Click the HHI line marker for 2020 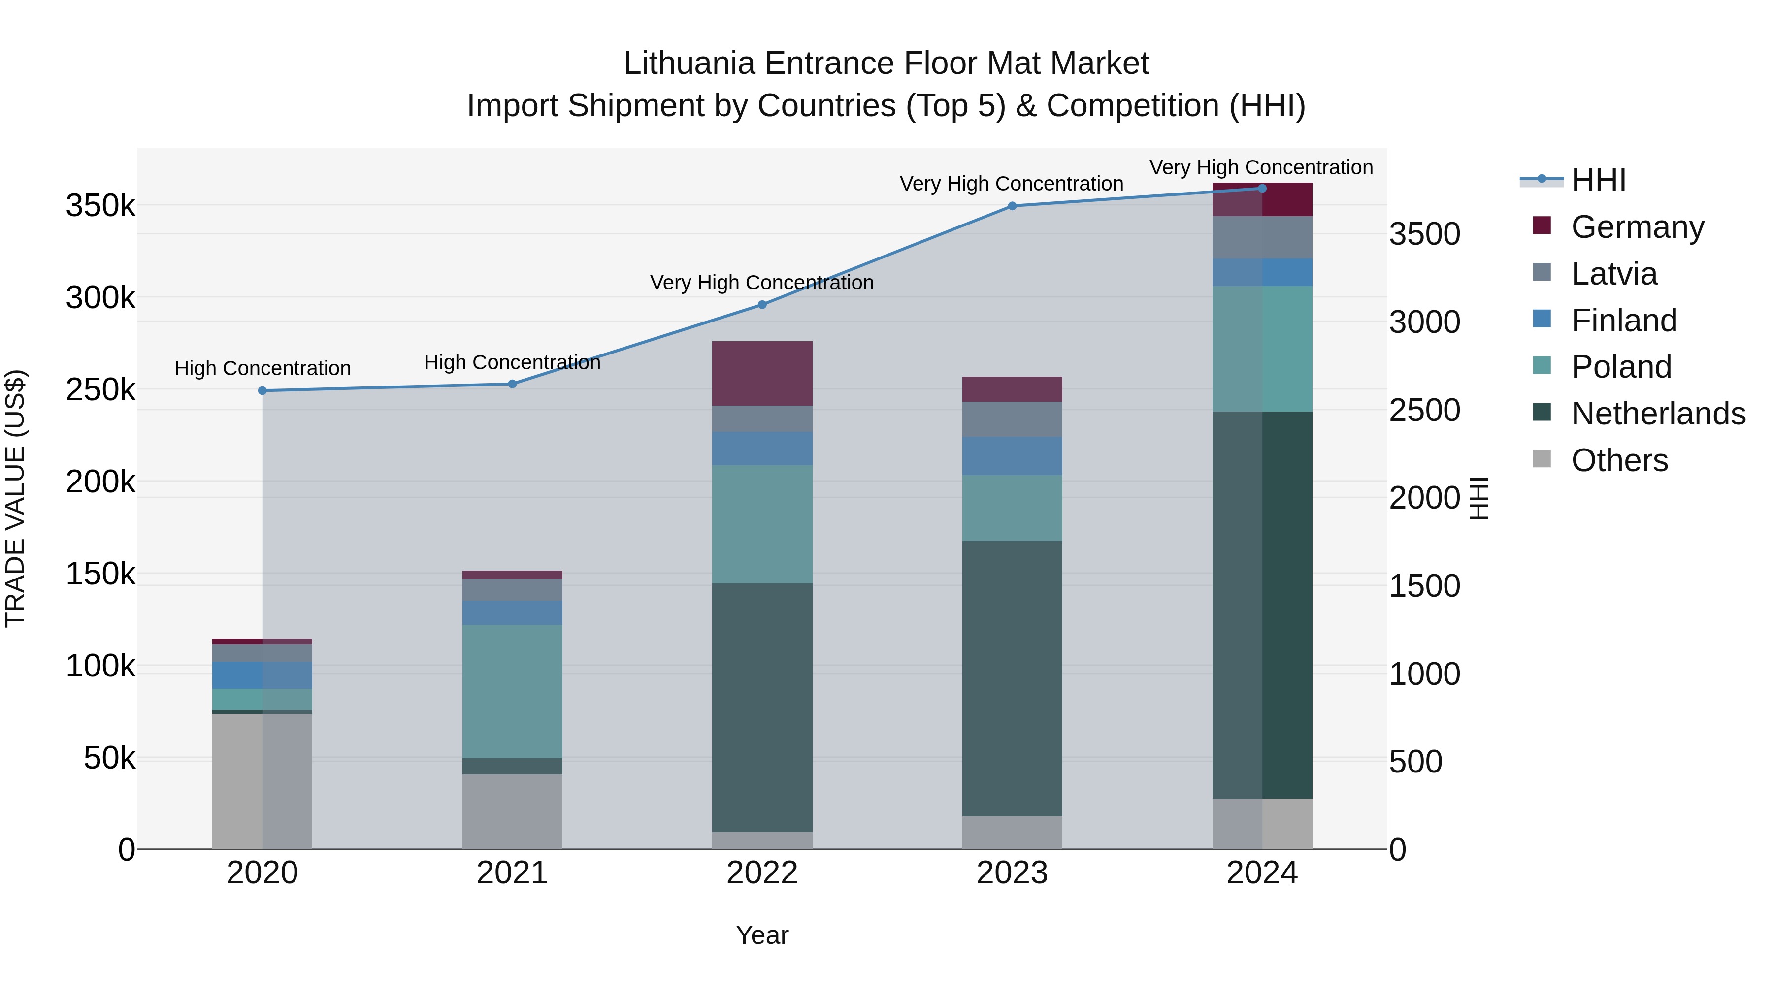point(262,391)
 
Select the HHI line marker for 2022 point(762,304)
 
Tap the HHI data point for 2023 point(1012,206)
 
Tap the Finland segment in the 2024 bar point(1262,272)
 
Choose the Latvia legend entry point(1614,274)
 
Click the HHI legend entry point(1598,180)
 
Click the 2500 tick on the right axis point(1424,410)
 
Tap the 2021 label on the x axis point(512,873)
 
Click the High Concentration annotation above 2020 point(262,368)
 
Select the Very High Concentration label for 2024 point(1261,167)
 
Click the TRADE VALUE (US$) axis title point(15,498)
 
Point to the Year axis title point(762,935)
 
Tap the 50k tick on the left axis point(109,758)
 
